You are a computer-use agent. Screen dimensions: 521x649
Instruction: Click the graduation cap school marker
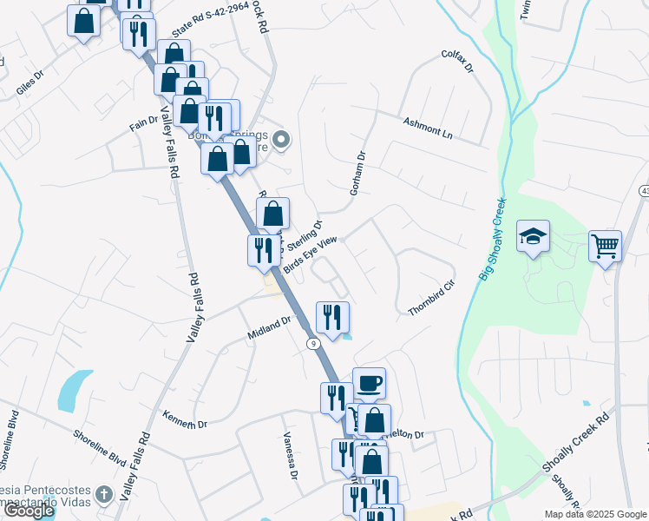(x=533, y=237)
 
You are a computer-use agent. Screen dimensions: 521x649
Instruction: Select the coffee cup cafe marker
(x=369, y=383)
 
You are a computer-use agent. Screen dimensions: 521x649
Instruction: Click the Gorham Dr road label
(x=358, y=171)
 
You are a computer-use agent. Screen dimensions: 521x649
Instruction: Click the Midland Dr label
(x=269, y=326)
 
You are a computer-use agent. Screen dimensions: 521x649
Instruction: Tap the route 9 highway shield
(x=311, y=345)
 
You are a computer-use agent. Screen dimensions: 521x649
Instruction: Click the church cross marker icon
(x=103, y=496)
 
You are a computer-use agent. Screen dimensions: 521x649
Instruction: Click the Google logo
(x=29, y=511)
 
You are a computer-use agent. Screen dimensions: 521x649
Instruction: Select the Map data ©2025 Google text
(x=594, y=514)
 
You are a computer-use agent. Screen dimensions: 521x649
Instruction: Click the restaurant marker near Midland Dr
(x=332, y=317)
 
